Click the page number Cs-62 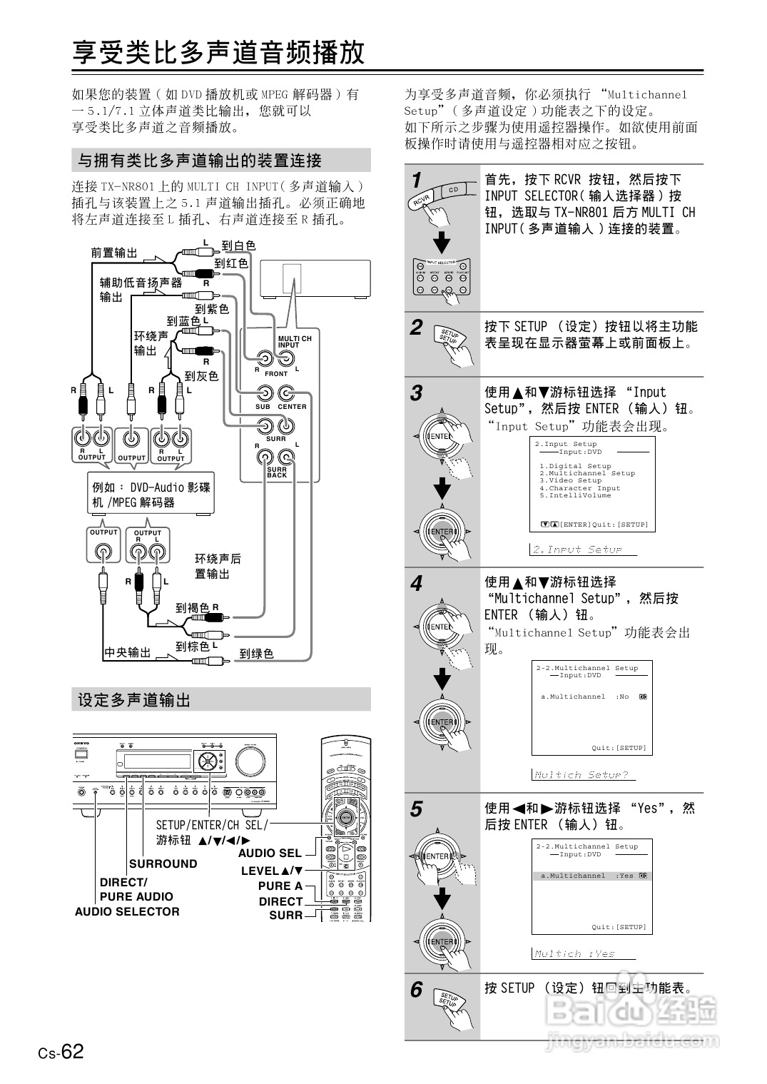tap(61, 1051)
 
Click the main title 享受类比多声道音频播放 tap(218, 53)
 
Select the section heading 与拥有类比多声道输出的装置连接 tap(200, 161)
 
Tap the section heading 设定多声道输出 tap(135, 700)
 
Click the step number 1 tap(417, 181)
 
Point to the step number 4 tap(417, 584)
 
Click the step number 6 tap(417, 990)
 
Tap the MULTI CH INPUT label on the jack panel tap(294, 342)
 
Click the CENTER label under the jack tap(292, 407)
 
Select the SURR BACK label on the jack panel tap(277, 472)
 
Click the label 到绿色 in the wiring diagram tap(256, 654)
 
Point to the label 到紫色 tap(212, 309)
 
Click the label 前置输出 tap(113, 253)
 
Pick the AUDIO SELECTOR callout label tap(127, 911)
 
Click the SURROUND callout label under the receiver tap(163, 863)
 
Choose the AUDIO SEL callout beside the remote tap(270, 853)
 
